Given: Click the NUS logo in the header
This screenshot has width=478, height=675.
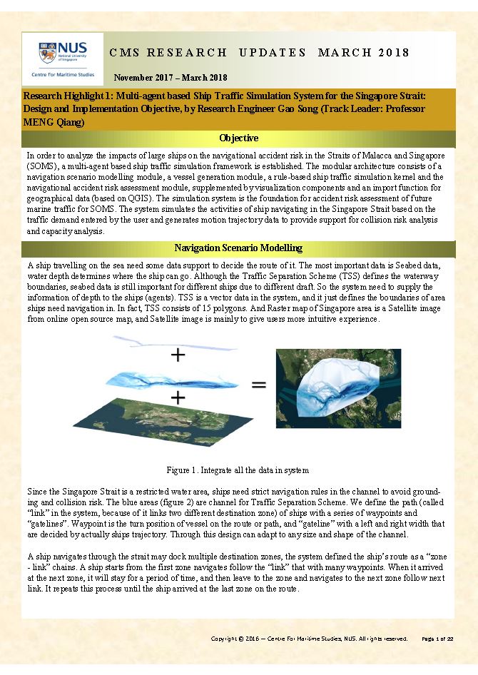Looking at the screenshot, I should [62, 52].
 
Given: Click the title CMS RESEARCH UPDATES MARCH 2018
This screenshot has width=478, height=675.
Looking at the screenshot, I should [260, 53].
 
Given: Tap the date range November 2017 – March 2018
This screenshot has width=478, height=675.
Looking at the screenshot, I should [171, 77].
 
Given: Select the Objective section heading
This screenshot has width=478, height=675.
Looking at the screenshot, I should [238, 138].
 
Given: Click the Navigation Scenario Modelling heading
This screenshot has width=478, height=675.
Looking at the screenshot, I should [238, 248].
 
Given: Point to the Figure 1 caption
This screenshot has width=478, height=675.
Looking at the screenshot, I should [238, 470].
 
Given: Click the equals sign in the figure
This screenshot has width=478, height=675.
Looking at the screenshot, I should [258, 385].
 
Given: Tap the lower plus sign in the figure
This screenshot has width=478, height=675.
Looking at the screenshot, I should [176, 397].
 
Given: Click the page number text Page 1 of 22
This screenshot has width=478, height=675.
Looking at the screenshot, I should [437, 639].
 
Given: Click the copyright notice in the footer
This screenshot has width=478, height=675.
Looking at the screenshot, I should [309, 639].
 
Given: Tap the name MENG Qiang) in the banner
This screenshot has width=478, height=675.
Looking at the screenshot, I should [54, 123].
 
